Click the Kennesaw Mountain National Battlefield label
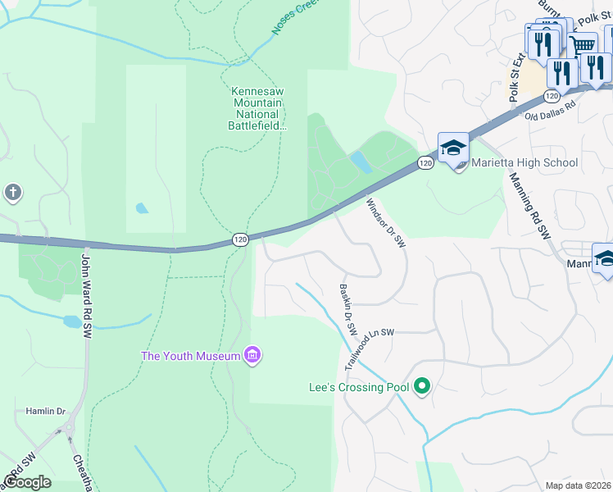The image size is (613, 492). click(x=257, y=108)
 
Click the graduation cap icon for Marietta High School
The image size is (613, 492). click(x=453, y=148)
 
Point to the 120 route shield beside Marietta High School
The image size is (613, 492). click(x=424, y=163)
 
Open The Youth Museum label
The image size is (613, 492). click(x=190, y=355)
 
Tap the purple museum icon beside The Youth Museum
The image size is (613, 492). click(x=252, y=355)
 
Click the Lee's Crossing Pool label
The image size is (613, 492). click(x=358, y=386)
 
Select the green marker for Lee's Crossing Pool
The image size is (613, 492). click(x=422, y=385)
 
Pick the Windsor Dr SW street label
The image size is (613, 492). click(x=386, y=223)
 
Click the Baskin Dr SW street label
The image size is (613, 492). click(x=348, y=309)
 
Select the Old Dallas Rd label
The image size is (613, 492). click(x=550, y=112)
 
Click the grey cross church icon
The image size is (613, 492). click(x=12, y=194)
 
